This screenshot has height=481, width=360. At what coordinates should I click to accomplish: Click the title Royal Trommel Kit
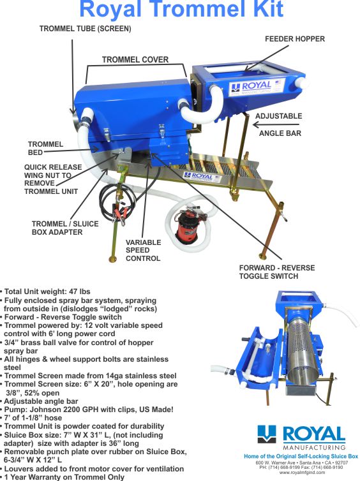click(x=180, y=10)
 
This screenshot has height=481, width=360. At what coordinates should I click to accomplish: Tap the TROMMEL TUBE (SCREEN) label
click(x=85, y=29)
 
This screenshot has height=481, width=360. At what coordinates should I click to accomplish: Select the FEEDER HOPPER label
click(x=294, y=39)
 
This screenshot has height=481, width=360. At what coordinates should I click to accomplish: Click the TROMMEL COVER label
click(x=135, y=60)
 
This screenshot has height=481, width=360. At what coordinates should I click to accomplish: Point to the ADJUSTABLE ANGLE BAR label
click(x=278, y=125)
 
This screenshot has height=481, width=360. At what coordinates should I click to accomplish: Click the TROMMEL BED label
click(x=45, y=149)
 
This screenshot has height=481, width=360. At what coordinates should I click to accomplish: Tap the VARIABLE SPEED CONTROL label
click(x=143, y=251)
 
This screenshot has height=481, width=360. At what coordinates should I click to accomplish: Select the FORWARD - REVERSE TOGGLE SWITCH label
click(x=267, y=272)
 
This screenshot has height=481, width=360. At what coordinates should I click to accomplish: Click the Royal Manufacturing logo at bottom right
click(x=301, y=438)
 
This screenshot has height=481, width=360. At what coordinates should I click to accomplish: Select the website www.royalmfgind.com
click(x=301, y=473)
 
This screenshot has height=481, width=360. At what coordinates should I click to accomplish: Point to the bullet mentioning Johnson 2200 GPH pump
click(x=83, y=410)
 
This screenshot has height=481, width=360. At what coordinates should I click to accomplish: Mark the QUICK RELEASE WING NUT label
click(x=51, y=179)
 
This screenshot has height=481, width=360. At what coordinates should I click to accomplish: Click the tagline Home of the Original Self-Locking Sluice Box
click(x=301, y=457)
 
